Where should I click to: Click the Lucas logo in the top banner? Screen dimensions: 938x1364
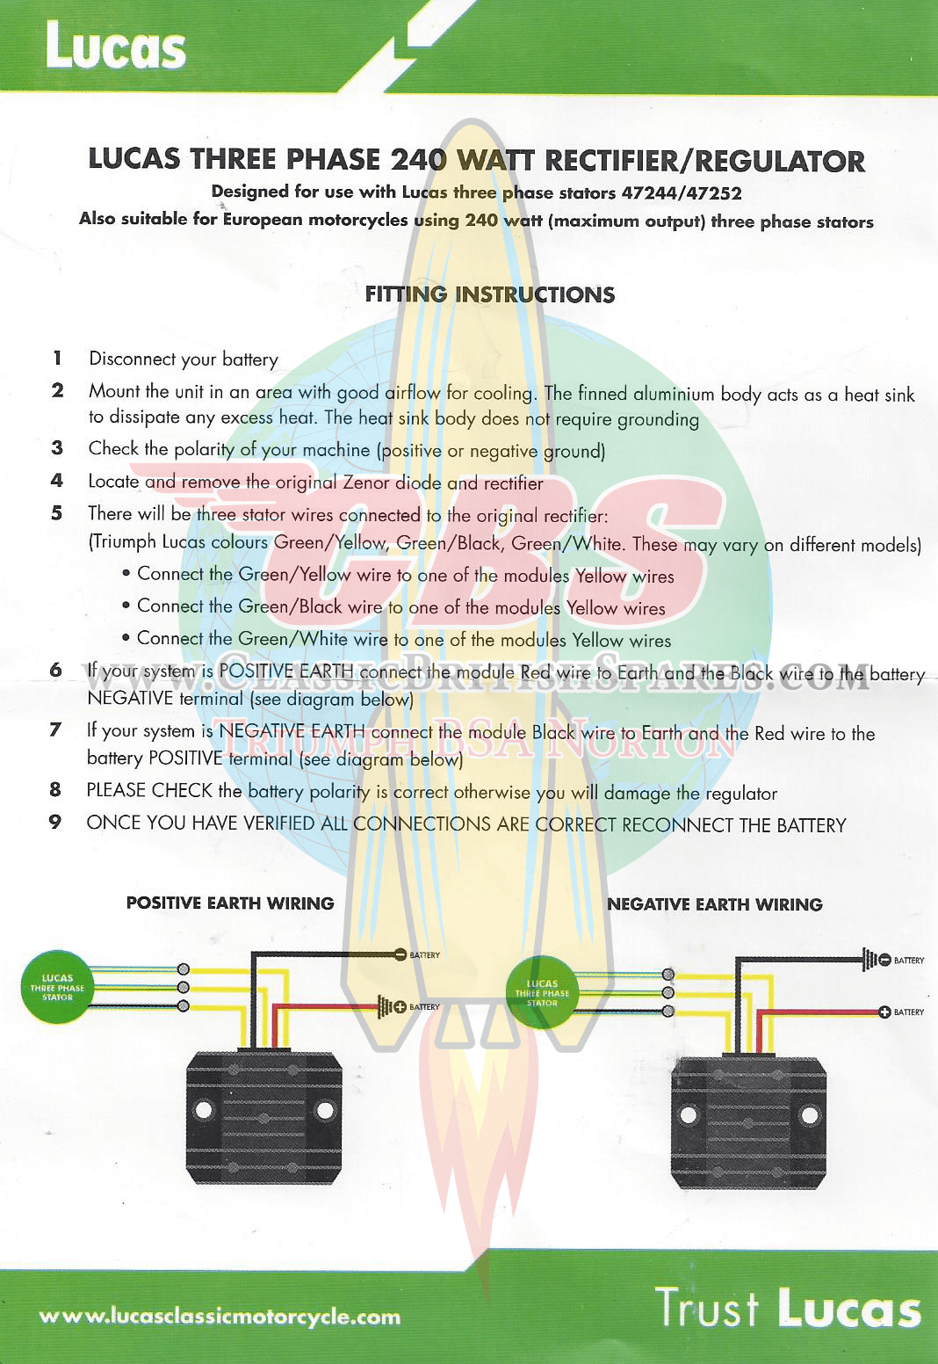point(116,45)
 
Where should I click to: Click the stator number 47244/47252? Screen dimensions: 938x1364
point(682,193)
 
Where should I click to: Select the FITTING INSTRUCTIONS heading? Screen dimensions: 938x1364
point(489,294)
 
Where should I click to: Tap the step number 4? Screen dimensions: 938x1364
point(56,481)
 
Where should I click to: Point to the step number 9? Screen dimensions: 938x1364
point(54,822)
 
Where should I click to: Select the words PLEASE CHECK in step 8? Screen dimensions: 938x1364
point(149,790)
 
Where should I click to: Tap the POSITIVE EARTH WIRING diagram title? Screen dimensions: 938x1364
point(230,903)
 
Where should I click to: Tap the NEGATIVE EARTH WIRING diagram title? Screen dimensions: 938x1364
point(715,904)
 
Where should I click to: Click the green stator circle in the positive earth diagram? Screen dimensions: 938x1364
point(57,987)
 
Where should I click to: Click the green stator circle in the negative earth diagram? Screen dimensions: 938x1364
point(541,992)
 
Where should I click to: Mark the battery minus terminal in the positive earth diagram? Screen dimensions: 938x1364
point(400,954)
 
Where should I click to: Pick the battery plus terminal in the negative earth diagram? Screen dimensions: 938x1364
point(884,1012)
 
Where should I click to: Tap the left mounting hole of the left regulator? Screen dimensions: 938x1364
point(204,1110)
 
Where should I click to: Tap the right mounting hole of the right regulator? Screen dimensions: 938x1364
point(810,1116)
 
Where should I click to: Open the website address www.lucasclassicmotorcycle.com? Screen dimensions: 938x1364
point(220,1317)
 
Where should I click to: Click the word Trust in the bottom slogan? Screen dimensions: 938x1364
point(707,1306)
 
